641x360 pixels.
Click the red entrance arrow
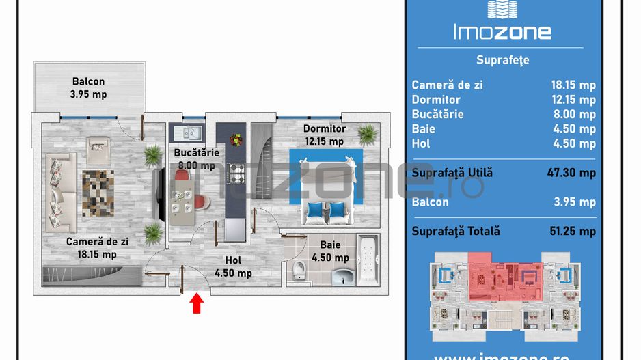[197, 303]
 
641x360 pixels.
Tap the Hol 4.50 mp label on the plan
[233, 266]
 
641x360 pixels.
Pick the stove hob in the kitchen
[236, 174]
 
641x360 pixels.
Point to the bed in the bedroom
[326, 184]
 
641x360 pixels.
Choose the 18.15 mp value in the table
[573, 85]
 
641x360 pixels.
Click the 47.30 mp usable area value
[572, 173]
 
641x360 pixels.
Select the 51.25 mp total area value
[572, 231]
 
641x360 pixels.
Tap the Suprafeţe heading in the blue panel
[502, 60]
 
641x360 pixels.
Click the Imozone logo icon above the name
[503, 9]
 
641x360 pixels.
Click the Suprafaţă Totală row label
[455, 231]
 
